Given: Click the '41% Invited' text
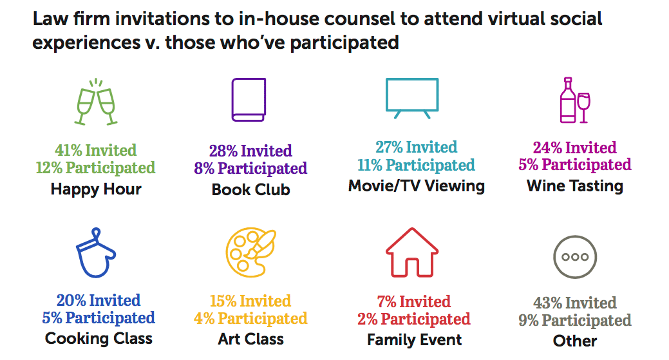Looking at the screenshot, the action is [x=95, y=150].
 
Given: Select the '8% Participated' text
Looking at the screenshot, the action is [x=250, y=169].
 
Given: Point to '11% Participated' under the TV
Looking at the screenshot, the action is [x=416, y=165].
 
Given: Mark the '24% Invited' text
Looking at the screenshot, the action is [x=575, y=147].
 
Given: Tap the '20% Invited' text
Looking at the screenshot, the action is [x=99, y=300].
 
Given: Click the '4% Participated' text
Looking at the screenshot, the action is [x=250, y=319].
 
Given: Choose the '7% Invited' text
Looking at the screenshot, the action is [x=414, y=301].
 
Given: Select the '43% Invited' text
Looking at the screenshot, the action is [x=575, y=303].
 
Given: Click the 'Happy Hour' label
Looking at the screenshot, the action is [x=96, y=189].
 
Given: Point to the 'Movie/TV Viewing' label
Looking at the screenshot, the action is [x=417, y=186].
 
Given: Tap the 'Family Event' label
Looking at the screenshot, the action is [x=414, y=340].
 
